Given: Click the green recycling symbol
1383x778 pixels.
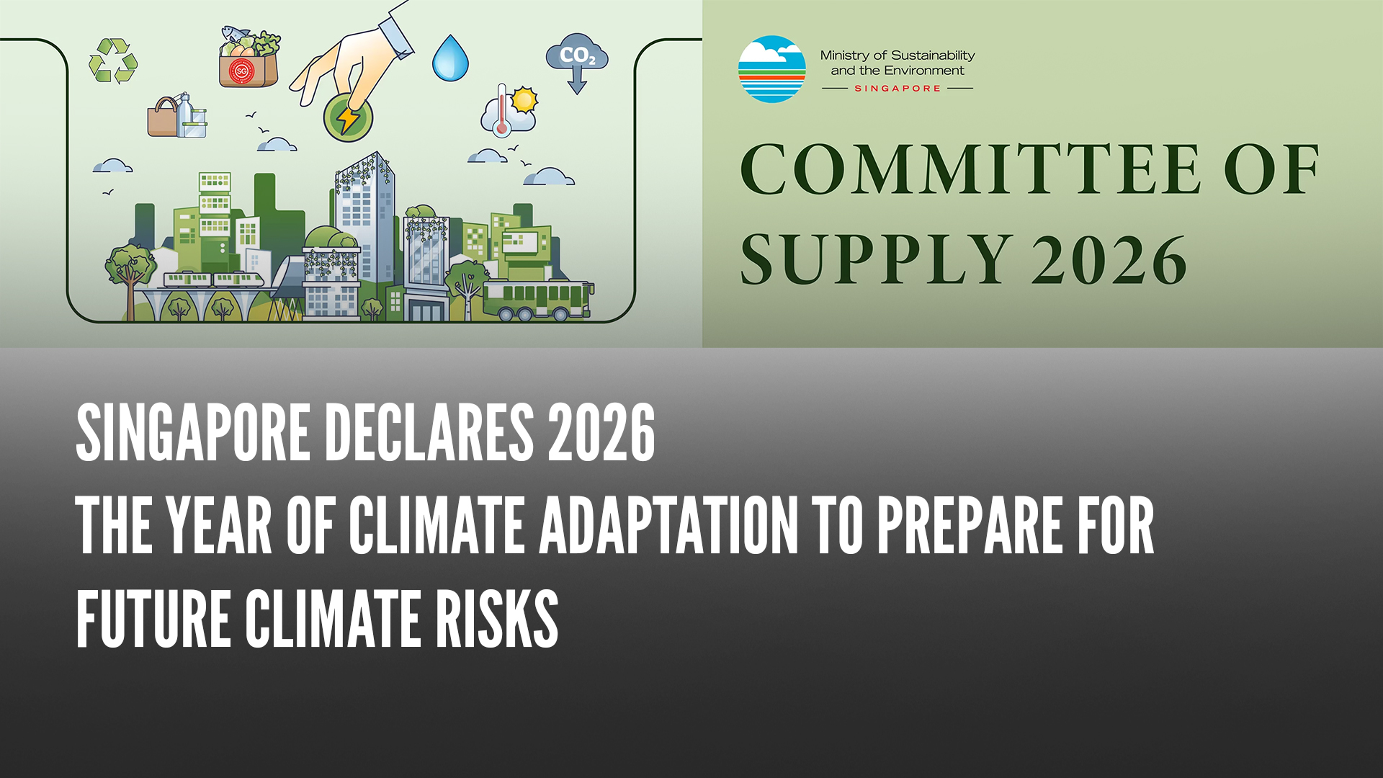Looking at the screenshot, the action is pos(113,61).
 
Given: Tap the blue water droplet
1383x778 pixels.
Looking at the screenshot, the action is pos(450,58).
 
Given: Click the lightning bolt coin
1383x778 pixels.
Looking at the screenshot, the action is pos(348,117).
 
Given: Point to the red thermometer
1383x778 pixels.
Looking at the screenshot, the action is pos(502,110).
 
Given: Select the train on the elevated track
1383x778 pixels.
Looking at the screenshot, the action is pos(214,280).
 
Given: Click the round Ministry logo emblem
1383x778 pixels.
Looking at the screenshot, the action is pos(771,69).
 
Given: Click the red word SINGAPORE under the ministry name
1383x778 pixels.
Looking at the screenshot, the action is pos(898,89).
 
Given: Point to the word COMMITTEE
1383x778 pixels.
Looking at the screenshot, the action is pos(970,169).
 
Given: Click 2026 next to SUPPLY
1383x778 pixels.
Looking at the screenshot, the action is pos(1109,260).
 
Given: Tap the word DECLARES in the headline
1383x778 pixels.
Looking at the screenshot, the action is pos(429,432).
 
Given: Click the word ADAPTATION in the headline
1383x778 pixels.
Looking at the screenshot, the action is pos(669,525).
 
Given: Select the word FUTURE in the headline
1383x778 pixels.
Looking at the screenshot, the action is pos(153,619).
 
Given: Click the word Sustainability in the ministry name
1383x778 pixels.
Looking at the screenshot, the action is pos(933,55).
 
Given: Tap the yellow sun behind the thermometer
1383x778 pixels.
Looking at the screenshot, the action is pos(524,99).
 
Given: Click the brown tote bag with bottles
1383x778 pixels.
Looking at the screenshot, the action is pos(177,116).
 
